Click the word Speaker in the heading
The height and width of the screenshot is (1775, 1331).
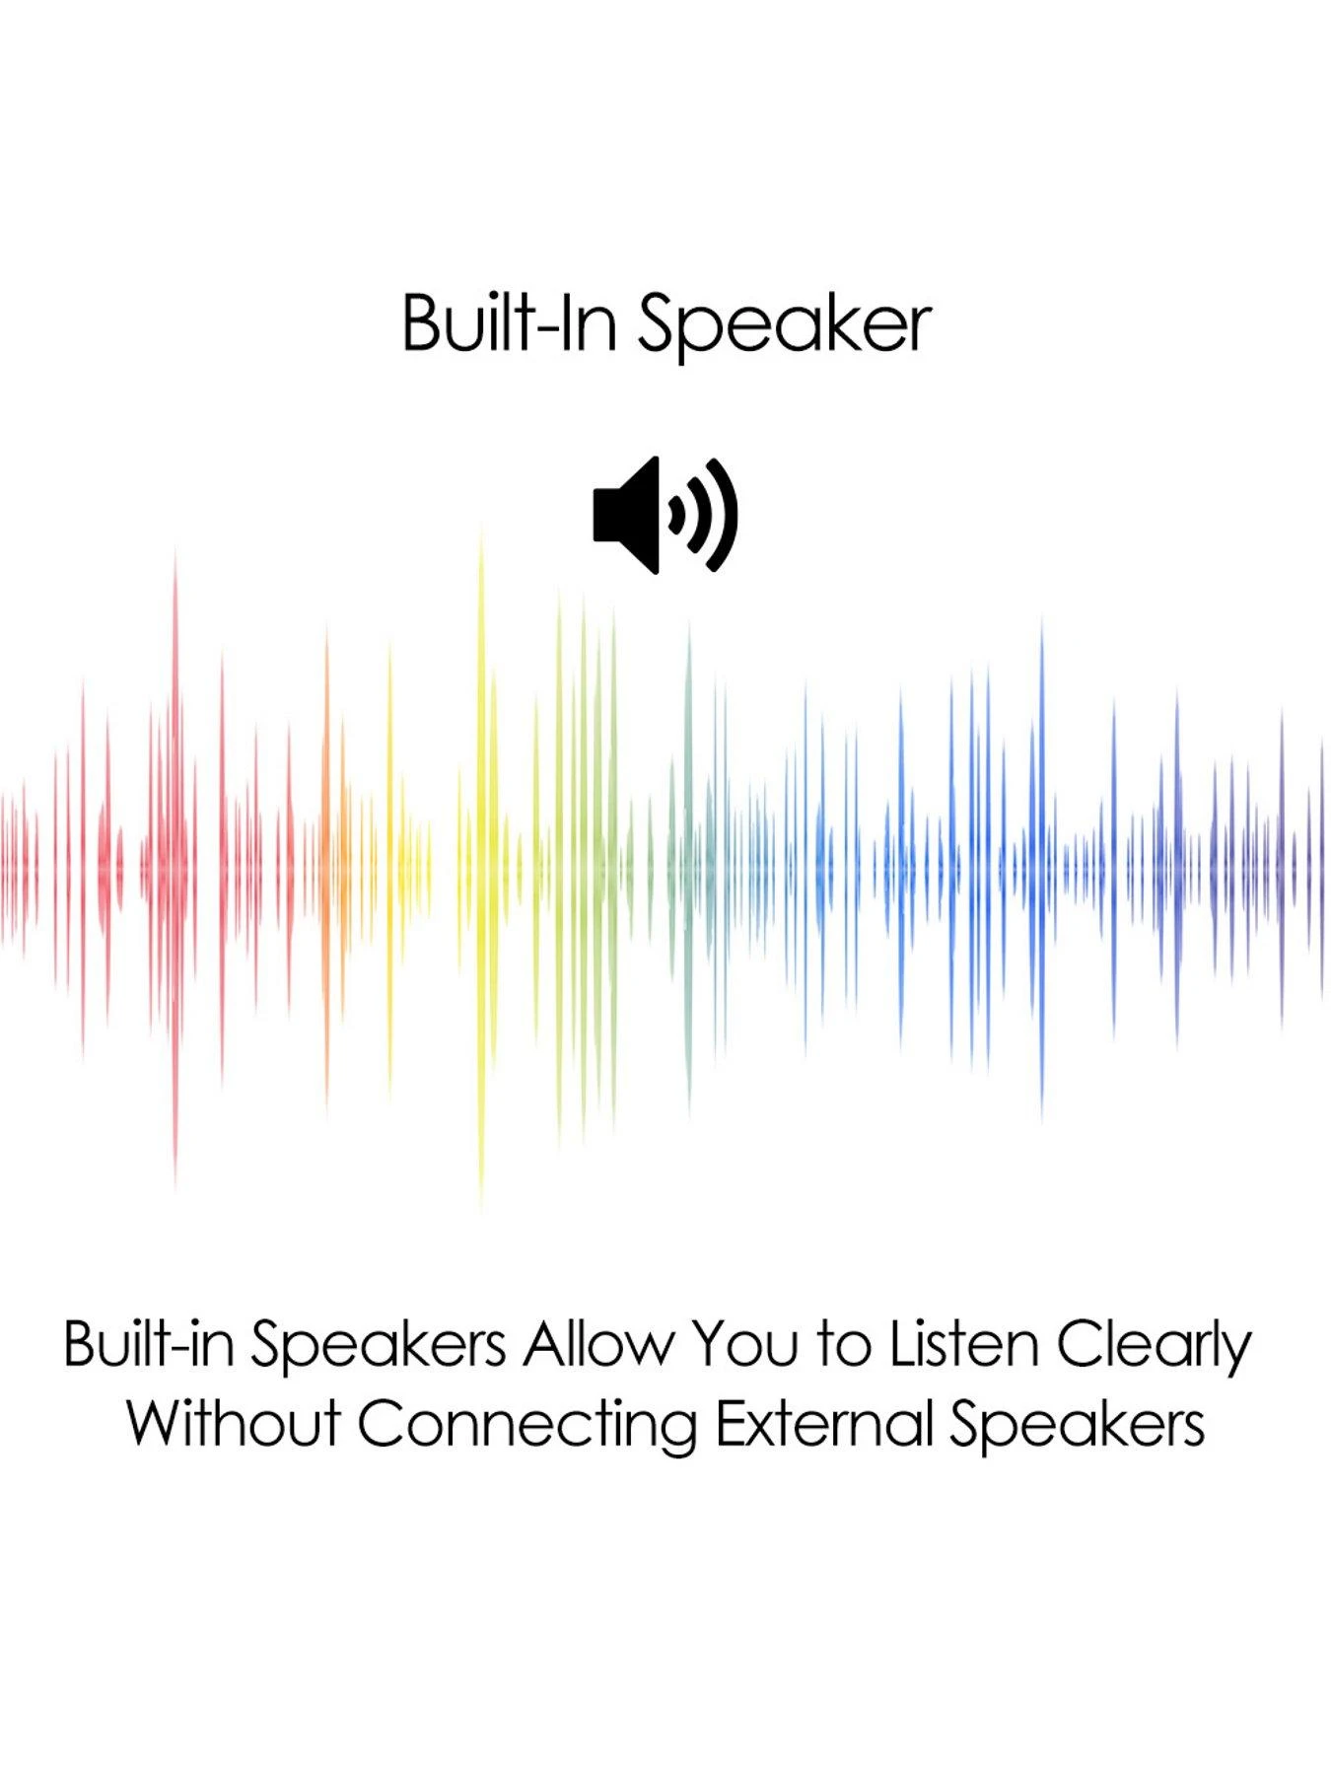(x=784, y=325)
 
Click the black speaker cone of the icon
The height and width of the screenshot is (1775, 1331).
(x=627, y=515)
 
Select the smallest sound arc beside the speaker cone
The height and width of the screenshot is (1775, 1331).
(x=678, y=515)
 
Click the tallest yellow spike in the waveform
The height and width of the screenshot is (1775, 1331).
(x=481, y=868)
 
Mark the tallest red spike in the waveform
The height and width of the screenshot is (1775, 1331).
(x=175, y=868)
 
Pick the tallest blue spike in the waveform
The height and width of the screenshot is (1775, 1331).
(x=1042, y=868)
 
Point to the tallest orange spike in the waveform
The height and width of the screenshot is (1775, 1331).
(x=327, y=868)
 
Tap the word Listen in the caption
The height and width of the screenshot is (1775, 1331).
(x=964, y=1343)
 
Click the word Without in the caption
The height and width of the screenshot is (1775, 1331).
(x=233, y=1424)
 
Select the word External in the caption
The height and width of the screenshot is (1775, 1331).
(x=823, y=1424)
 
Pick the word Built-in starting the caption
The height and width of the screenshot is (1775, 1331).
(x=149, y=1343)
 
